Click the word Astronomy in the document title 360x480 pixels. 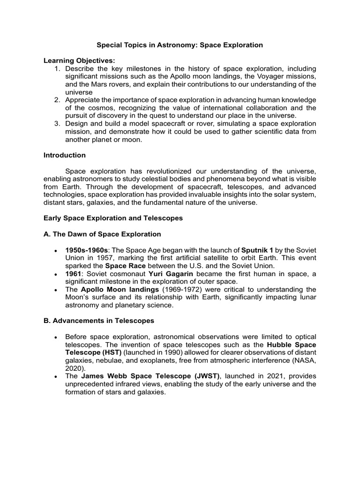coord(172,45)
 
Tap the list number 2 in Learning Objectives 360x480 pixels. coord(57,100)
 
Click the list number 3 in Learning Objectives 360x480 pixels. coord(57,123)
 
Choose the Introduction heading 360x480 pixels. coord(65,155)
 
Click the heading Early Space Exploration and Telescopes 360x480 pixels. coord(113,218)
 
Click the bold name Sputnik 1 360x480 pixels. coord(256,250)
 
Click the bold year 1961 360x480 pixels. coord(74,274)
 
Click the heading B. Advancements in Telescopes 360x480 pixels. coord(98,321)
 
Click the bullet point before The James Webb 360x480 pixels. coord(55,377)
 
